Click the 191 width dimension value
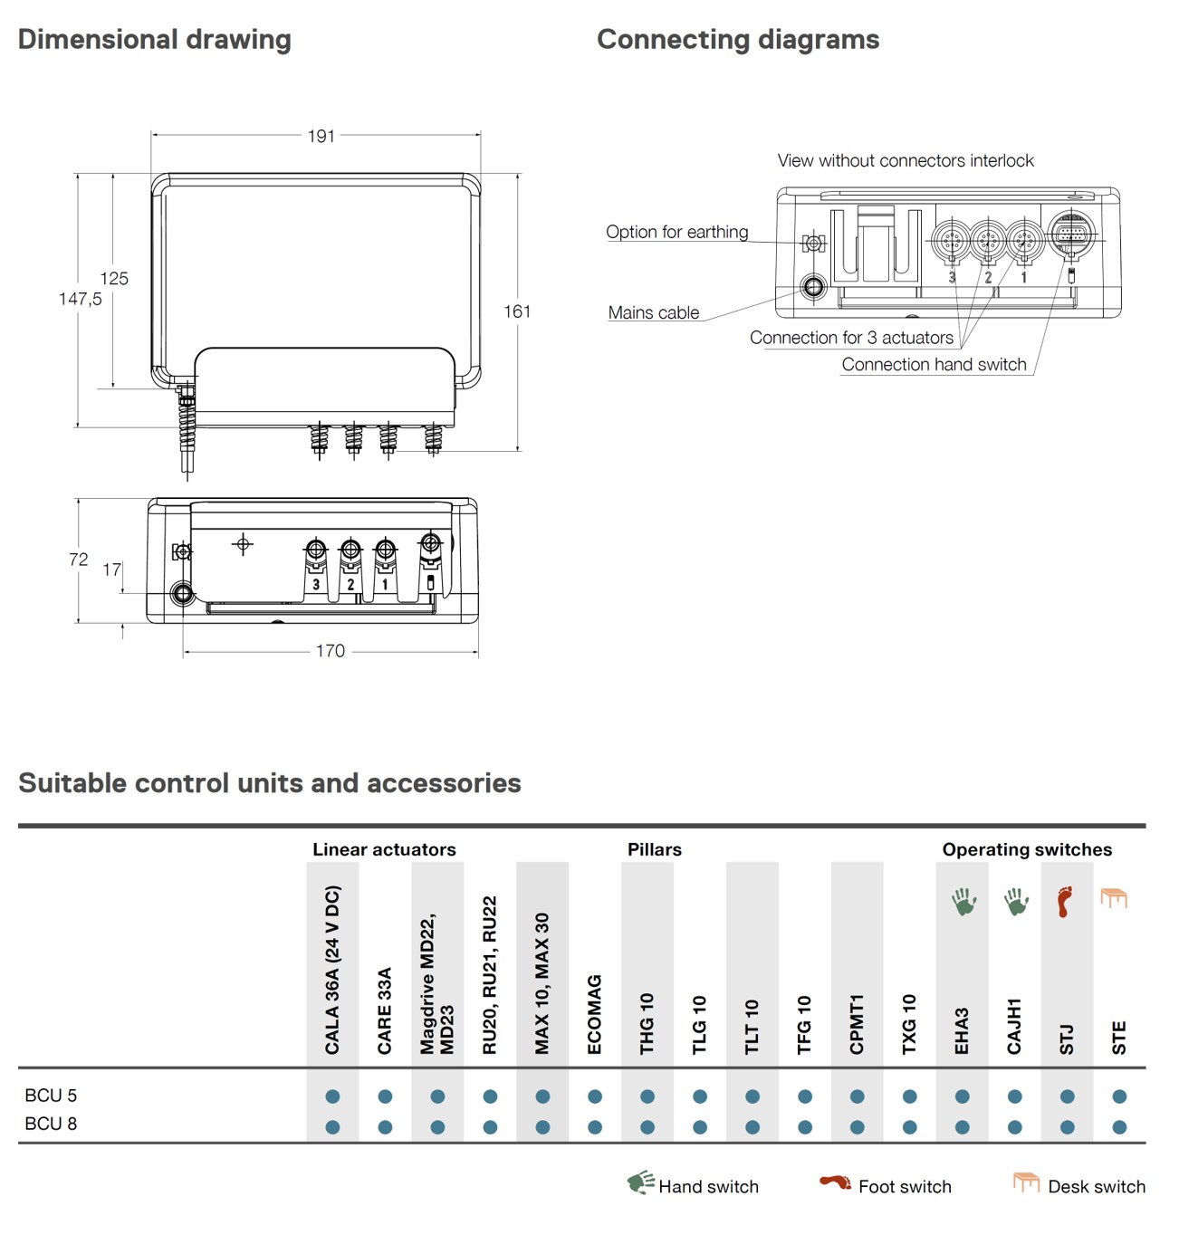click(x=321, y=136)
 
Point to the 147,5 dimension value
click(x=80, y=299)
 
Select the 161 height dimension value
click(x=517, y=311)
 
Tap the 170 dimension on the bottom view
click(x=330, y=651)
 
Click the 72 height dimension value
click(x=79, y=560)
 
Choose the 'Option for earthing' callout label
click(x=676, y=232)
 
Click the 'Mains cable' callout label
click(x=653, y=312)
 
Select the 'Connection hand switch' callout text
click(x=934, y=364)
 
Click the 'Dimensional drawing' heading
click(x=155, y=40)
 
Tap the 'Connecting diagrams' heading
click(x=738, y=40)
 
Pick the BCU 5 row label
click(x=51, y=1096)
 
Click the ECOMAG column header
click(x=595, y=1014)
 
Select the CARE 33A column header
click(x=385, y=1010)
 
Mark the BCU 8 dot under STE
click(x=1119, y=1127)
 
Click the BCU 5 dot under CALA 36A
click(x=332, y=1096)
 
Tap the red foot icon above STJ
click(x=1066, y=901)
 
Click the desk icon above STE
click(x=1114, y=898)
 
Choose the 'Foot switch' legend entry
click(x=904, y=1186)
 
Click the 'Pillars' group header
click(x=654, y=849)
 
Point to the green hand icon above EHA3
click(x=963, y=902)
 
